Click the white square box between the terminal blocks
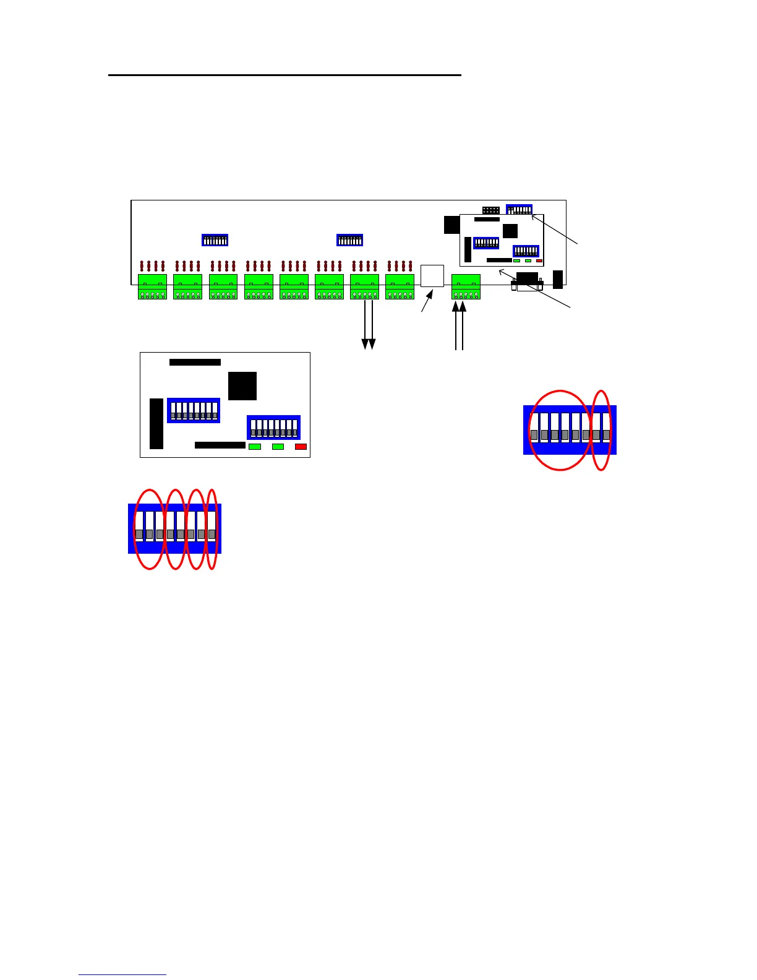point(432,275)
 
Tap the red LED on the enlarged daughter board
point(301,447)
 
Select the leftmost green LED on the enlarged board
point(254,447)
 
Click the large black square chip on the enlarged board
point(242,386)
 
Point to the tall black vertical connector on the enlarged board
point(156,423)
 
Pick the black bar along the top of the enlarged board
point(195,362)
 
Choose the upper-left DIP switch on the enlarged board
point(194,410)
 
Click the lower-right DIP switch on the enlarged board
point(273,428)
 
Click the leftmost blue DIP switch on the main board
point(215,240)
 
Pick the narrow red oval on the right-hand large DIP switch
point(601,430)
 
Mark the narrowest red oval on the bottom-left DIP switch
point(212,529)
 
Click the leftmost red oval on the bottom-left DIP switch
point(150,529)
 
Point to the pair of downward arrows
point(369,325)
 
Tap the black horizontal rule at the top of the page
point(284,75)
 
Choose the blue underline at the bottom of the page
point(122,974)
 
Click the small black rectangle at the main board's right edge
point(558,279)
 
